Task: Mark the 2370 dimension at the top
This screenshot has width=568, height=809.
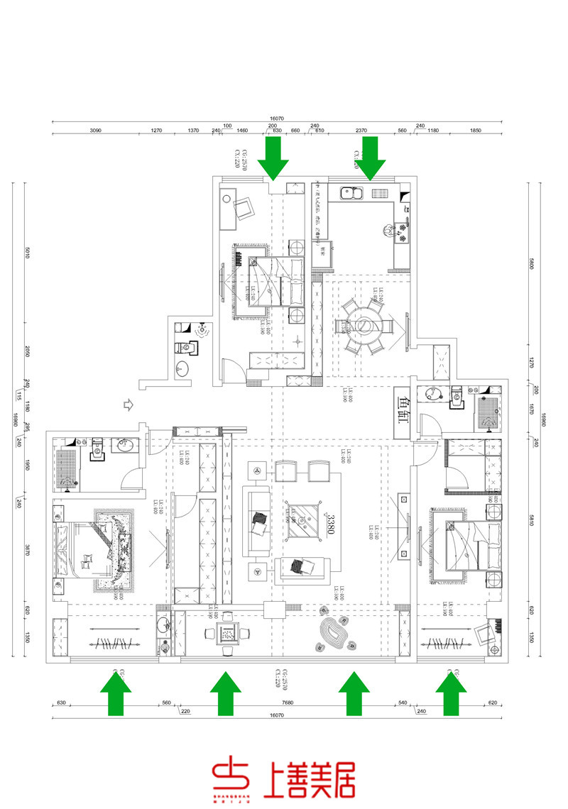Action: (361, 131)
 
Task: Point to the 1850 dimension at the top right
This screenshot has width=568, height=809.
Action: (476, 131)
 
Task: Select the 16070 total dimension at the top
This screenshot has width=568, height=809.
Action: (277, 119)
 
